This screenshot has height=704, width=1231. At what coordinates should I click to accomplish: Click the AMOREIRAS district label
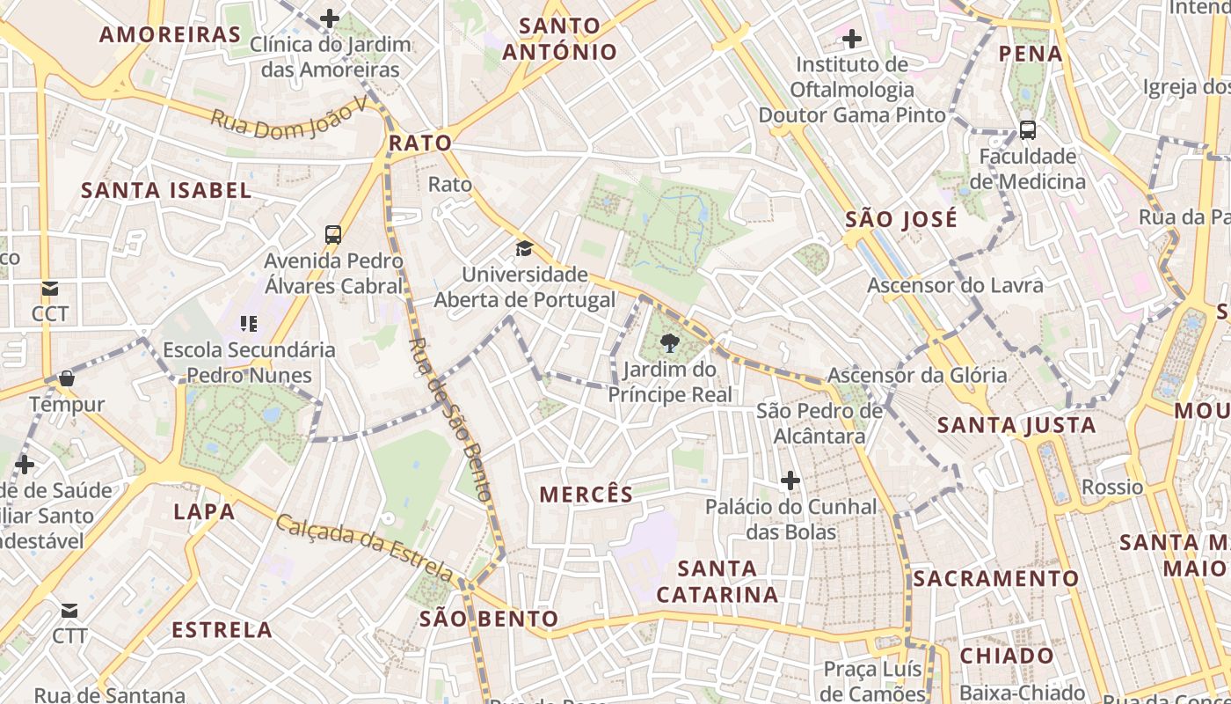[x=170, y=34]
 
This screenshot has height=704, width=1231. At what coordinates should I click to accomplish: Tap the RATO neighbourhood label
[x=420, y=143]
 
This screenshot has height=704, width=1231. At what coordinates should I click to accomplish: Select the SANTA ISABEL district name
[x=166, y=190]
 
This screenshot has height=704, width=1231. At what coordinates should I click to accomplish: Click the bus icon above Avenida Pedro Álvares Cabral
[x=333, y=235]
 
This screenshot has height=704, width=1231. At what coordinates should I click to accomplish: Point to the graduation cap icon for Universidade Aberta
[x=524, y=248]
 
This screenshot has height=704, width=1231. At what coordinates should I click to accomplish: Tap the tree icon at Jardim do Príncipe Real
[x=669, y=342]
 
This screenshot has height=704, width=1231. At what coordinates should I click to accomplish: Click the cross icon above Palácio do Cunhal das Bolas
[x=790, y=480]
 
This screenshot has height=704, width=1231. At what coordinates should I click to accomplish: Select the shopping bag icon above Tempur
[x=67, y=379]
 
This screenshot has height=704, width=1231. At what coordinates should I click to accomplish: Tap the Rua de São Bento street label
[x=450, y=419]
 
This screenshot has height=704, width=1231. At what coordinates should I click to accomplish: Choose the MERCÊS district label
[x=586, y=495]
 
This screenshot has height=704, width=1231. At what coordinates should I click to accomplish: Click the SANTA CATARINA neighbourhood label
[x=717, y=582]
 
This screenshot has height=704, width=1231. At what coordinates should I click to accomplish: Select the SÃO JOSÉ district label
[x=901, y=219]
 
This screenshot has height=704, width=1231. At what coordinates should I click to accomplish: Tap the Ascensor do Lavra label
[x=955, y=285]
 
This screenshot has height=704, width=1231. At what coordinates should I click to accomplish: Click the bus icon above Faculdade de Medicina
[x=1027, y=130]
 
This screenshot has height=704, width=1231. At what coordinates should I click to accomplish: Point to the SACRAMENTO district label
[x=995, y=578]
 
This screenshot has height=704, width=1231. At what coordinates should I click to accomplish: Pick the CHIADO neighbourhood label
[x=1007, y=656]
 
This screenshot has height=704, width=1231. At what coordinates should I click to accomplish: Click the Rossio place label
[x=1112, y=487]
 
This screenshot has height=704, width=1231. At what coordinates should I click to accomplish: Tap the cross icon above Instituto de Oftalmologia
[x=851, y=39]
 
